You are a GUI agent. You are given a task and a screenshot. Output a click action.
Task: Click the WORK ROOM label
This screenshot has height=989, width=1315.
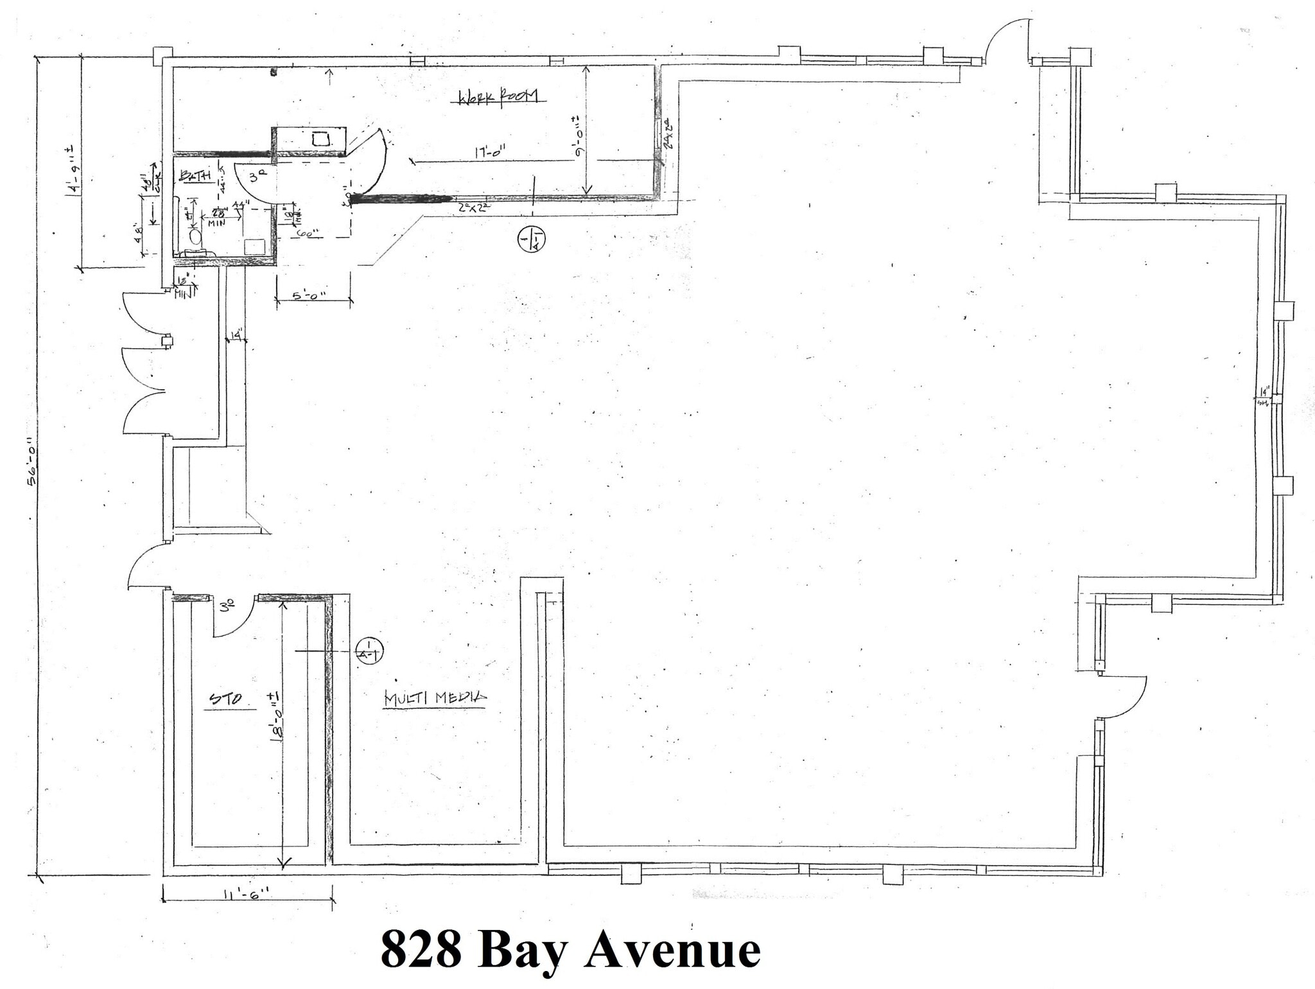click(501, 97)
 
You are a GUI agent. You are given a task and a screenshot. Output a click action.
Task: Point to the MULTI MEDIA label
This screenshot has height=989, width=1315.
click(435, 699)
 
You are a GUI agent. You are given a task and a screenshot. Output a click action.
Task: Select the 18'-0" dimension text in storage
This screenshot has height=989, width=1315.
click(275, 717)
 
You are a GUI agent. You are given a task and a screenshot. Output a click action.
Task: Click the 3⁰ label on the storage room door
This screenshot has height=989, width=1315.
click(226, 606)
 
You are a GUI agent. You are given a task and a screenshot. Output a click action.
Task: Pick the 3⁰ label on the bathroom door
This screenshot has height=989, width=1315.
click(257, 178)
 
